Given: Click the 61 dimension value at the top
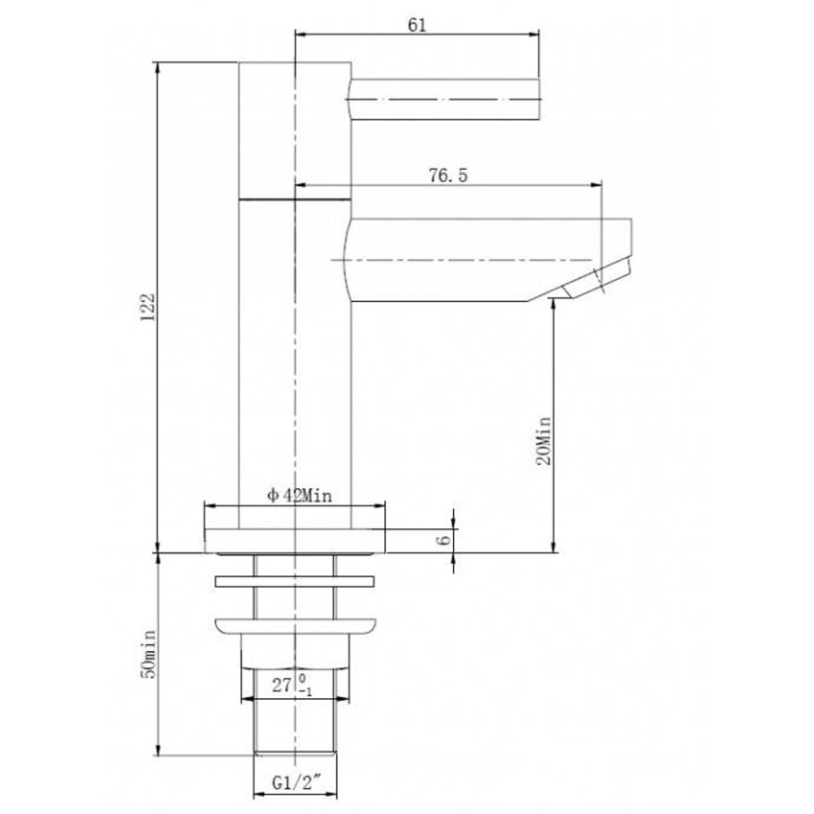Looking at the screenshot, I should point(417,24).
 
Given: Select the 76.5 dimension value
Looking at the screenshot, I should point(448,176).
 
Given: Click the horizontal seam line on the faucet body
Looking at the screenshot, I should point(295,196).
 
